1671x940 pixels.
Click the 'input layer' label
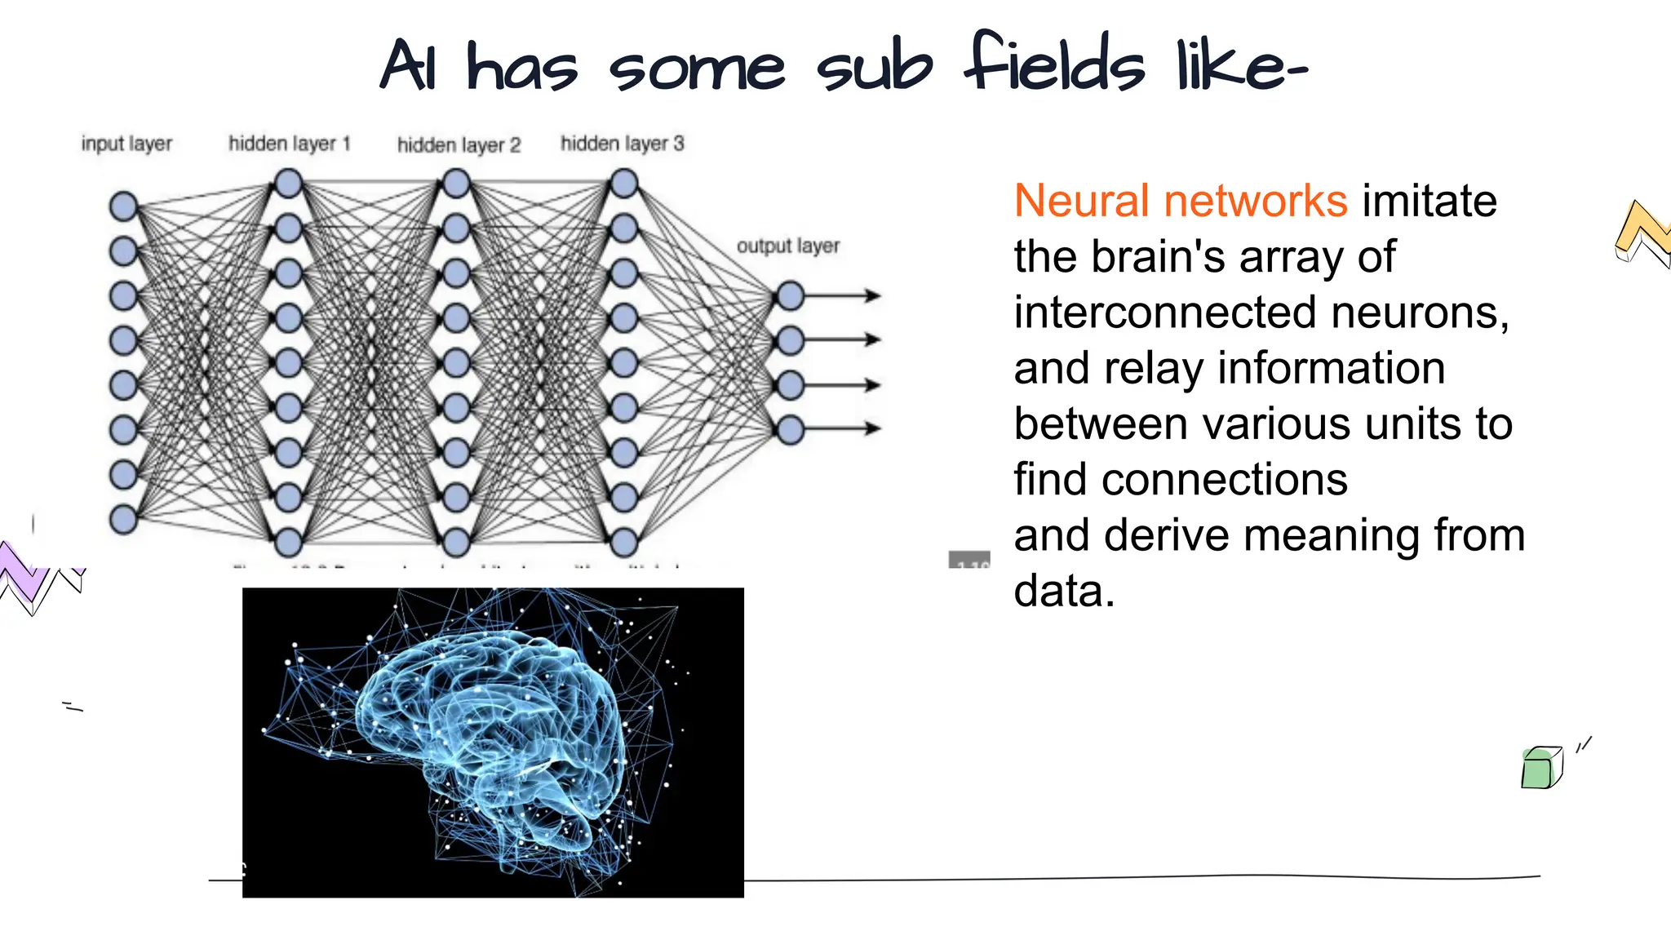pyautogui.click(x=126, y=144)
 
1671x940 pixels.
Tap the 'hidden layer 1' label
pyautogui.click(x=289, y=144)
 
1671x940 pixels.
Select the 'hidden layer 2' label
pyautogui.click(x=459, y=145)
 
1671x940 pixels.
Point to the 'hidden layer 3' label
pyautogui.click(x=622, y=144)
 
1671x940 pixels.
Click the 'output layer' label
pyautogui.click(x=787, y=246)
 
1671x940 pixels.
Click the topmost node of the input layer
pyautogui.click(x=123, y=206)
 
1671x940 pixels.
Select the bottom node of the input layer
pyautogui.click(x=123, y=519)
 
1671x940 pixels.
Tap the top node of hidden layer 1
pyautogui.click(x=289, y=184)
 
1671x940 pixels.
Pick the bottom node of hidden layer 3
pyautogui.click(x=623, y=542)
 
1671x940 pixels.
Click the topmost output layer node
pyautogui.click(x=790, y=295)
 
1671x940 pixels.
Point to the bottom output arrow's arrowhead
pyautogui.click(x=873, y=428)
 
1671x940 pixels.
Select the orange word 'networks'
pyautogui.click(x=1256, y=201)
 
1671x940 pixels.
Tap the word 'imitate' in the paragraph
pyautogui.click(x=1429, y=201)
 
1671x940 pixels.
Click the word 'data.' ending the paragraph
pyautogui.click(x=1063, y=591)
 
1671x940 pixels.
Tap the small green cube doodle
pyautogui.click(x=1540, y=768)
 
